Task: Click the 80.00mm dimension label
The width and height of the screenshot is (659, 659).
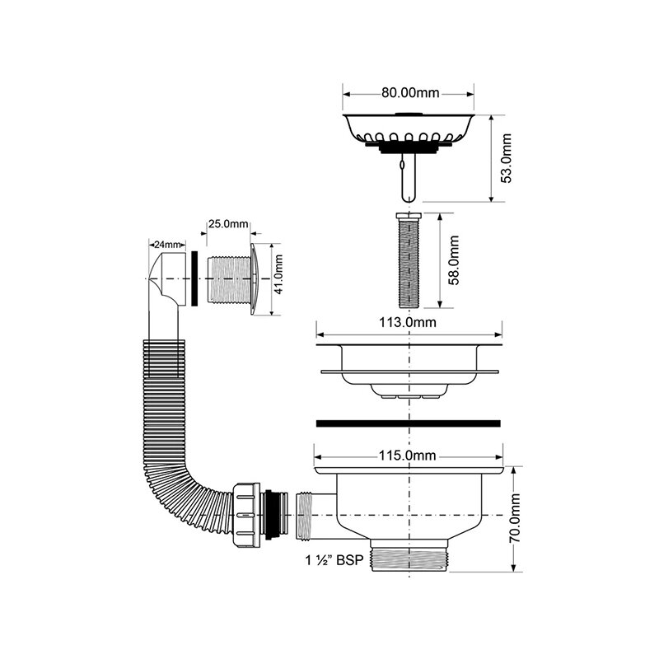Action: click(x=410, y=93)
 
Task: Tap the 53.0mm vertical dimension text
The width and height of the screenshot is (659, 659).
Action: click(x=507, y=158)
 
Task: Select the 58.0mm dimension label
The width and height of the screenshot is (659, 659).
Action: click(x=454, y=260)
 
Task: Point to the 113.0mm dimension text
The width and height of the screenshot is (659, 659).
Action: click(x=408, y=322)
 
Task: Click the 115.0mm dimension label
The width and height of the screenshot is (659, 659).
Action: click(x=408, y=456)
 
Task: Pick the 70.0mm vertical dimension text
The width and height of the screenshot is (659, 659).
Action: click(x=516, y=518)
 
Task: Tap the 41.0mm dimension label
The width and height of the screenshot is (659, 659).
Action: click(x=278, y=274)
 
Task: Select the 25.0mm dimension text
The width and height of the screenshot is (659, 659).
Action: click(x=228, y=223)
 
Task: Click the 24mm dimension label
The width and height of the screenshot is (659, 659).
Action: click(x=168, y=244)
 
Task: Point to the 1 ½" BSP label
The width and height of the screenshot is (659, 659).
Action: click(x=334, y=560)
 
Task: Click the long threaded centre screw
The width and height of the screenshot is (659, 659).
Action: click(x=409, y=260)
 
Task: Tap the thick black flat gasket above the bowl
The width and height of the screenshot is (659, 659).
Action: click(x=408, y=423)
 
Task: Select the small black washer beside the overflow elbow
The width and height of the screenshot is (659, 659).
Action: click(x=194, y=278)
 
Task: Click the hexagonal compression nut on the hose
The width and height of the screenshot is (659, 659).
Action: click(x=246, y=515)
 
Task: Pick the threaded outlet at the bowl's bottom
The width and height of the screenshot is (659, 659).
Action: click(x=410, y=555)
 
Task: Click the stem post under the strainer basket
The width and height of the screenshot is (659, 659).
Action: click(x=408, y=177)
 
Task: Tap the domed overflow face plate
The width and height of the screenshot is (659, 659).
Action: click(x=255, y=278)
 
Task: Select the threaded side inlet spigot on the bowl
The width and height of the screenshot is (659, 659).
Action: click(x=305, y=516)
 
